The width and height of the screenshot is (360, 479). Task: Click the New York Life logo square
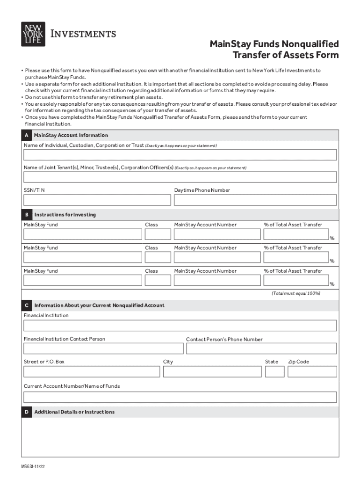[x=33, y=34]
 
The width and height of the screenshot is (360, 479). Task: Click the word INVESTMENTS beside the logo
[x=83, y=34]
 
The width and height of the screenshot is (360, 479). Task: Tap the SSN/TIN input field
[x=97, y=200]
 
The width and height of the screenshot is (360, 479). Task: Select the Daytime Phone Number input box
[x=255, y=200]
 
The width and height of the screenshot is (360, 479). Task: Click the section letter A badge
[x=27, y=135]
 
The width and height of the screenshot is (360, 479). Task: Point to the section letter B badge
[x=27, y=215]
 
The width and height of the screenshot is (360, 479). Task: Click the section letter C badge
[x=27, y=305]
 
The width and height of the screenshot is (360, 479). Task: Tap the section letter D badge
[x=27, y=412]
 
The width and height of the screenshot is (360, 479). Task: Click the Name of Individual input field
[x=180, y=155]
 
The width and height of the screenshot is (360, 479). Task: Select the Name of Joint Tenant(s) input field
[x=180, y=177]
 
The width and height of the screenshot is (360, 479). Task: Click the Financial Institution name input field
[x=180, y=326]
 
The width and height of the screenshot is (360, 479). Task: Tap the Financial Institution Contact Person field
[x=103, y=348]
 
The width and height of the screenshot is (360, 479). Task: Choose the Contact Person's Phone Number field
[x=261, y=348]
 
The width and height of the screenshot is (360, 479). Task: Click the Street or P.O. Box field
[x=92, y=372]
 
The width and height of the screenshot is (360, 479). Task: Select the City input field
[x=212, y=372]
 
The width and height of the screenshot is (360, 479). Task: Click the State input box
[x=274, y=372]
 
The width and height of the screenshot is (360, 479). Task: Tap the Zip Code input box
[x=312, y=372]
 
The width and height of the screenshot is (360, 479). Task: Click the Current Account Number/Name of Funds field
[x=180, y=397]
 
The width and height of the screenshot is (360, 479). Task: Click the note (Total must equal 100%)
[x=296, y=293]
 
